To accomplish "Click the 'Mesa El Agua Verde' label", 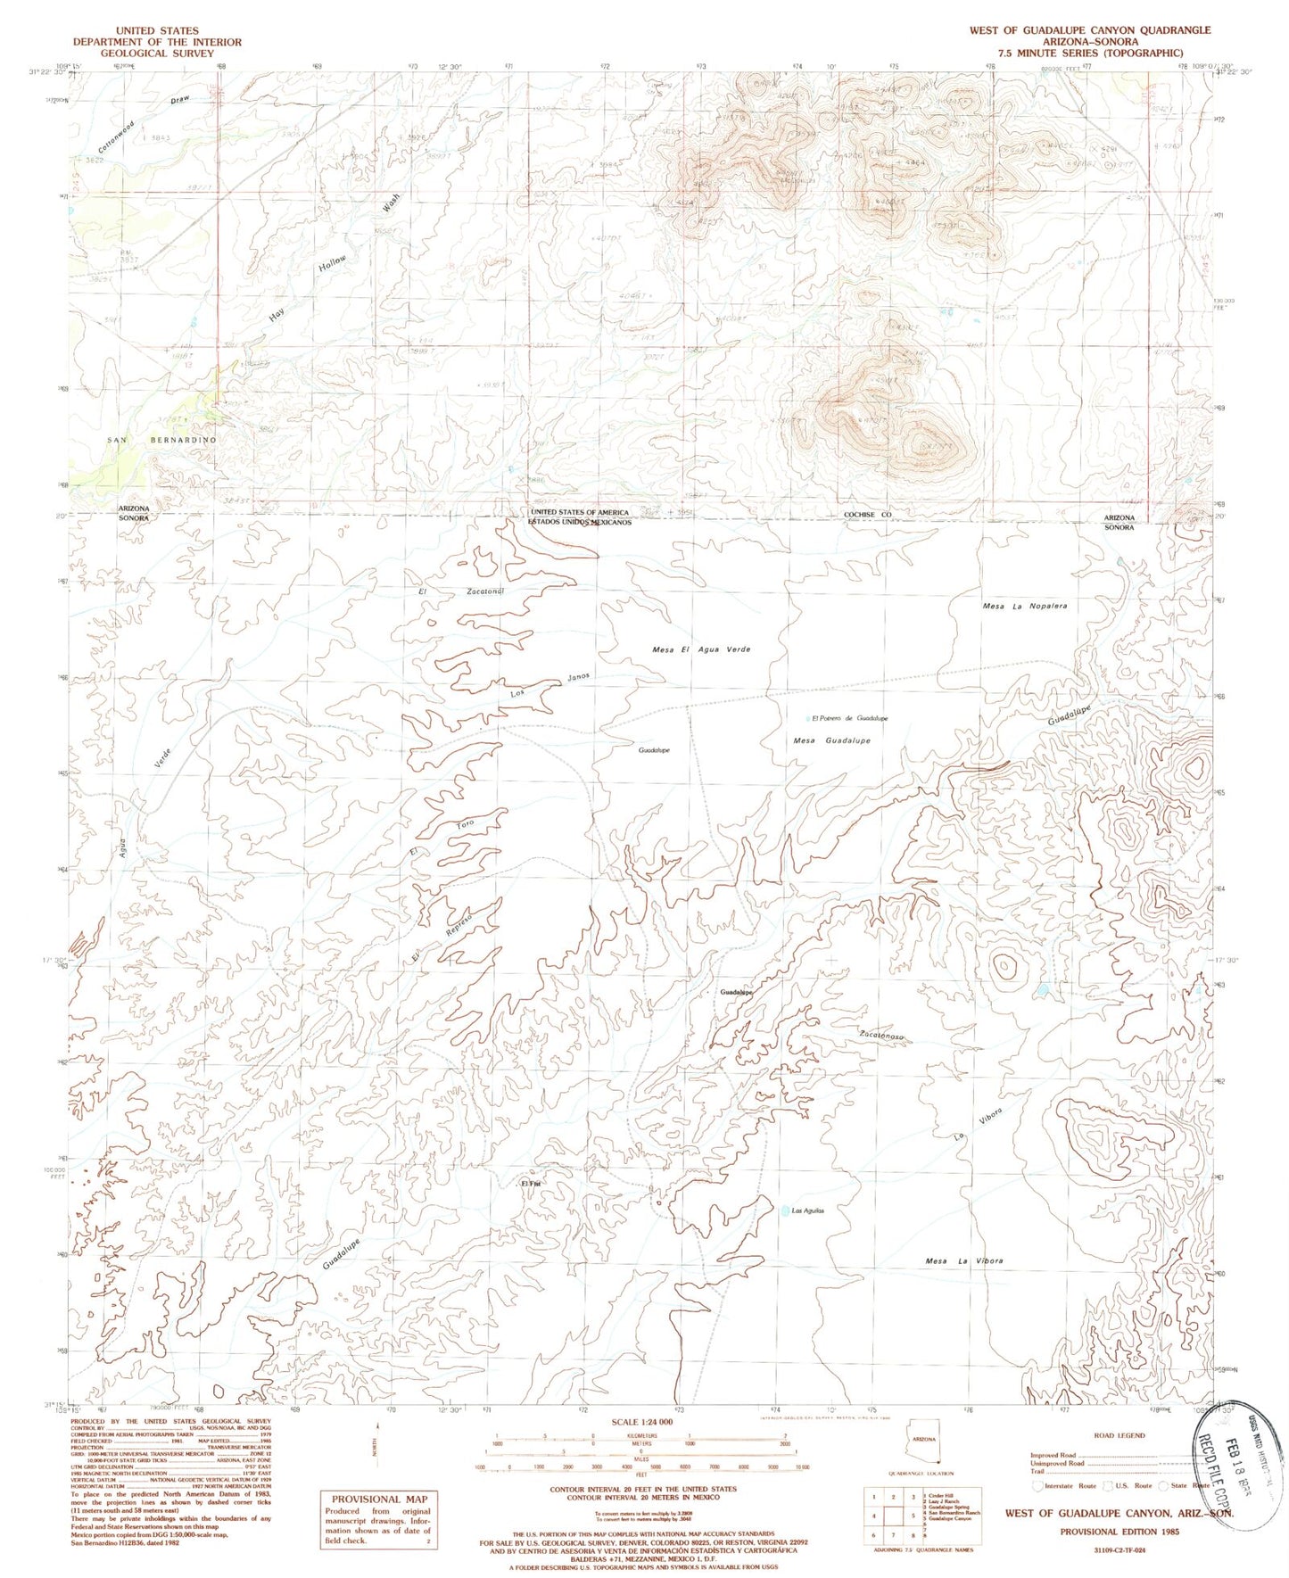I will click(701, 649).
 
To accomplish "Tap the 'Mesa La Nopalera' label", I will click(1024, 607).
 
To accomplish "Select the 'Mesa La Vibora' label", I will click(964, 1261).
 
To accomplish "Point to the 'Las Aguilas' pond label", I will click(807, 1210).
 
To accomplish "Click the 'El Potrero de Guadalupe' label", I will click(848, 718).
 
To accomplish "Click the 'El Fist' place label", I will click(531, 1184).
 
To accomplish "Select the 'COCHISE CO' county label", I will click(867, 516).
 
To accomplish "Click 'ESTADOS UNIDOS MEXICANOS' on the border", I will click(579, 522).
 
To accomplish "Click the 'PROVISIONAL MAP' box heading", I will click(379, 1500).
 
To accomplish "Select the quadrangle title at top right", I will click(1090, 30).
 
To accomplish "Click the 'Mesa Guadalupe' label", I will click(831, 740).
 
